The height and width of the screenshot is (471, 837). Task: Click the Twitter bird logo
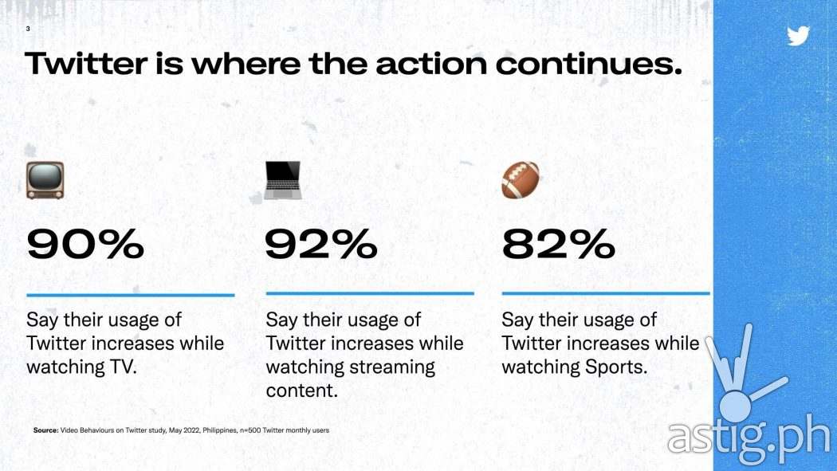click(x=798, y=36)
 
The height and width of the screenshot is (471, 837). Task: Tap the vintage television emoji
click(x=45, y=180)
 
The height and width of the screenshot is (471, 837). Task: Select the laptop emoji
click(x=283, y=180)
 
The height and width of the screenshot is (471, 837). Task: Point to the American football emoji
click(x=521, y=180)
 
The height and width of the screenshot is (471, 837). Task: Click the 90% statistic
click(x=85, y=245)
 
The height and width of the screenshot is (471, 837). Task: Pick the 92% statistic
click(x=321, y=245)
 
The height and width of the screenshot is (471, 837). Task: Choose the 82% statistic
click(x=559, y=245)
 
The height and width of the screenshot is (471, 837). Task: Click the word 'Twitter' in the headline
click(x=85, y=64)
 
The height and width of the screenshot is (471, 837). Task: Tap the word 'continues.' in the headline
click(x=589, y=64)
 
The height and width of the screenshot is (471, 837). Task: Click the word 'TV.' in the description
click(x=123, y=367)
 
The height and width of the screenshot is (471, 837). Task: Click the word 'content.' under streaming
click(x=301, y=391)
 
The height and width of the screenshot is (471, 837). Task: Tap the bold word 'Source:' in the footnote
click(x=45, y=430)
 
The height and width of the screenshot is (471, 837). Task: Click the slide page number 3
click(x=28, y=29)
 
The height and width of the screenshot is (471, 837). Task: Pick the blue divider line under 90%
click(x=130, y=295)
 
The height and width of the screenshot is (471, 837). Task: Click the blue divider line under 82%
click(x=606, y=293)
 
